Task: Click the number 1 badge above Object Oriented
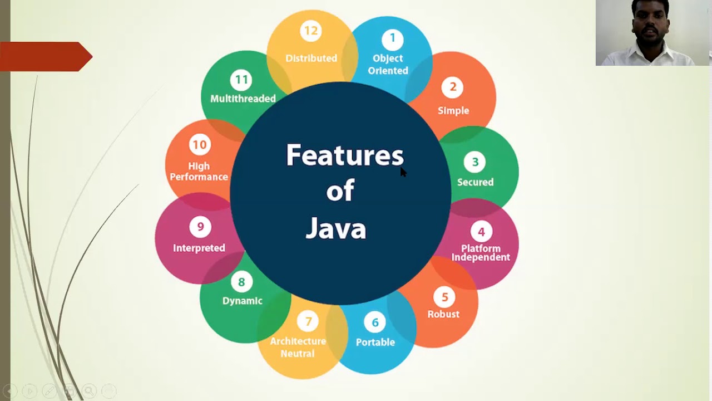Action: point(392,38)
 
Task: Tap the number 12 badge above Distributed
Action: point(311,31)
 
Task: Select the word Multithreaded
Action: point(243,99)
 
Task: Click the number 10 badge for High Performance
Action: point(199,145)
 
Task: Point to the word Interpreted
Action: point(199,248)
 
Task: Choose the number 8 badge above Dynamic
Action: point(241,282)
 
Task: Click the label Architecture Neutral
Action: point(298,347)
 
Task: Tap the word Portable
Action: point(375,342)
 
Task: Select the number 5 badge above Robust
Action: point(444,297)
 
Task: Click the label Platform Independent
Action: point(481,253)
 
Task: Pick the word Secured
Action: point(475,182)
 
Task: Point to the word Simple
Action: point(453,110)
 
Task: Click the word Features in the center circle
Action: point(344,155)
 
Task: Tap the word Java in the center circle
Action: point(336,228)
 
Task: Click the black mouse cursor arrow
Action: point(403,172)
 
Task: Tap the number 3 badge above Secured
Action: point(475,162)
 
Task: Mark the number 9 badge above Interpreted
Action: point(200,227)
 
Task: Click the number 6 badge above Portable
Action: point(375,322)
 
